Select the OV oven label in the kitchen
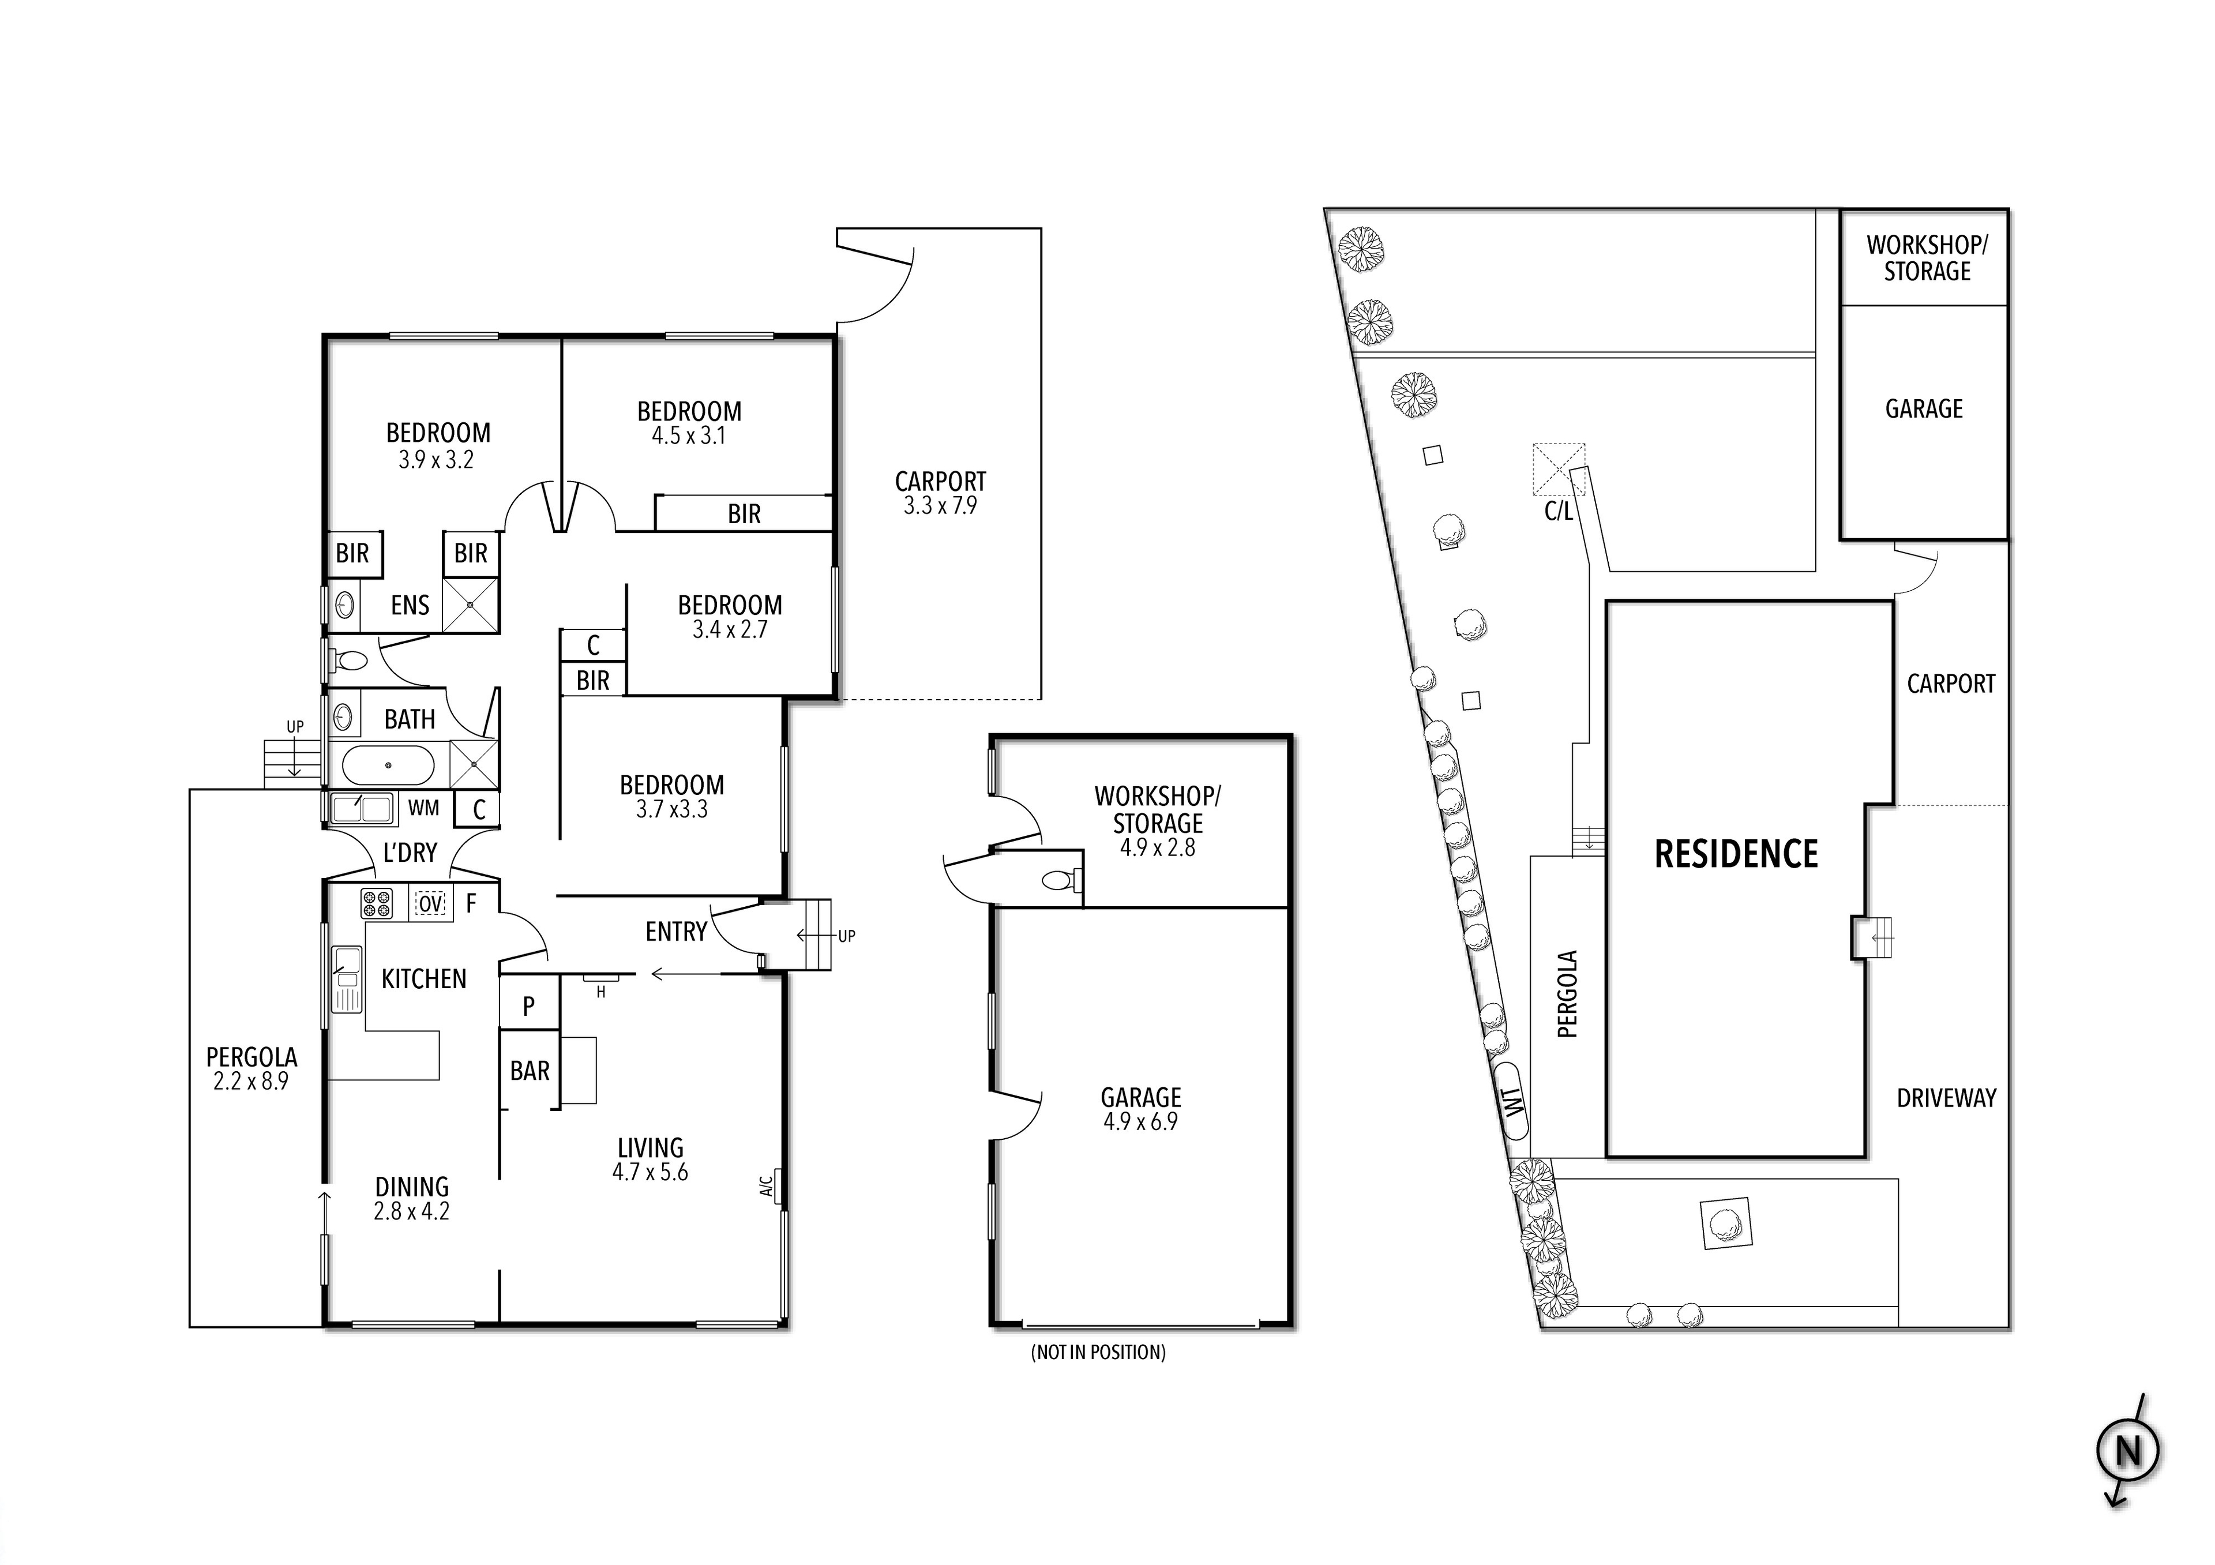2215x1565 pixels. click(430, 904)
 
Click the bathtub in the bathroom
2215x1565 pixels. click(388, 765)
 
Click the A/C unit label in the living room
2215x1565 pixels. click(768, 1185)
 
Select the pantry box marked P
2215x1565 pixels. click(529, 1007)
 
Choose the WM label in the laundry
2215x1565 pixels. click(423, 809)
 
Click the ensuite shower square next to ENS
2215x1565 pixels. click(471, 605)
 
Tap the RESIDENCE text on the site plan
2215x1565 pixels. click(1736, 854)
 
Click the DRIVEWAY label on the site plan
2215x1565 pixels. click(1946, 1098)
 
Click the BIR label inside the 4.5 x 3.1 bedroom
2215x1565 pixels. click(744, 515)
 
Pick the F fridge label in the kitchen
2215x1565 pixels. click(472, 904)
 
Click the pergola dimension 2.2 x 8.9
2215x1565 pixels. click(251, 1082)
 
